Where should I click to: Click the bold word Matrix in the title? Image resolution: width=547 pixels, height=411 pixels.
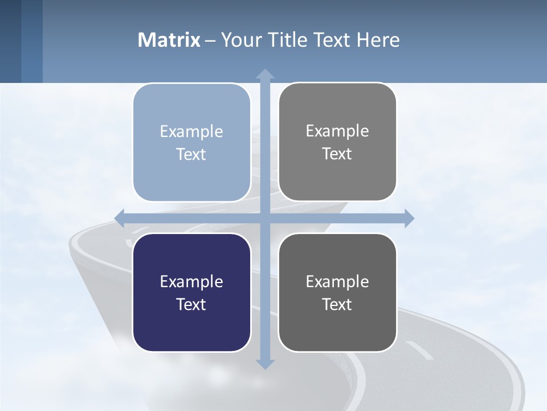pos(169,40)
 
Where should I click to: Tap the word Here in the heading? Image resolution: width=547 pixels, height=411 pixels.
pos(378,40)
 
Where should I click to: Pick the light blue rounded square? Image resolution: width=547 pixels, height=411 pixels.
pos(191,143)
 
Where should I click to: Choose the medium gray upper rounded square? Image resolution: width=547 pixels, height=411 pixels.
pos(337,142)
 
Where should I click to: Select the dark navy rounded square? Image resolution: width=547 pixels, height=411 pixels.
pos(191,292)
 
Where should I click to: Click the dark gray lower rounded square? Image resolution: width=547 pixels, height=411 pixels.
pos(337,292)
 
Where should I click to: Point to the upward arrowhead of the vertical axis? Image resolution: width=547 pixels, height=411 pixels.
pos(265,74)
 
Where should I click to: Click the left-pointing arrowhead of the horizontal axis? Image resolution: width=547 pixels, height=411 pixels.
pos(120,218)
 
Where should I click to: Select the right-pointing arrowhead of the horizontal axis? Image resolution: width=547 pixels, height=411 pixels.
pos(409,218)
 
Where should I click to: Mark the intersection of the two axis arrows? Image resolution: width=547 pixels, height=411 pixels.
pos(265,218)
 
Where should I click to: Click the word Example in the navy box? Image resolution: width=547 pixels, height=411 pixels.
pos(191,281)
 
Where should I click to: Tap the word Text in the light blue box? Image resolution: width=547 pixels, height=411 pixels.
pos(191,154)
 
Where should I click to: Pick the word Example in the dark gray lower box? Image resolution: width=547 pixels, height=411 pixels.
pos(337,281)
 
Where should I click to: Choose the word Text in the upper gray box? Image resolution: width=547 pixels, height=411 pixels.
pos(337,154)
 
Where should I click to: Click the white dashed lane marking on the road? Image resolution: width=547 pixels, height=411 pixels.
pos(419,350)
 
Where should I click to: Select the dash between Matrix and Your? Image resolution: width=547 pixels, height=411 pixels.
pos(211,41)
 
